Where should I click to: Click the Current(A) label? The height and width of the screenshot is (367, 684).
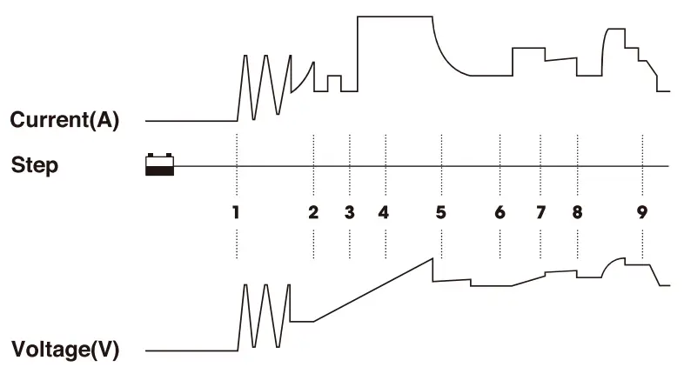pos(64,120)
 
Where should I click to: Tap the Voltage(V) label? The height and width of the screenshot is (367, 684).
pos(64,351)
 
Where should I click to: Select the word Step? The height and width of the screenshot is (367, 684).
pos(35,164)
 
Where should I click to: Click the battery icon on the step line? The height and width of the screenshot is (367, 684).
pos(160,164)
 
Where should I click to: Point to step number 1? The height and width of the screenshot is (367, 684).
pos(236,211)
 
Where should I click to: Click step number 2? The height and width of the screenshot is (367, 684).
pos(313,211)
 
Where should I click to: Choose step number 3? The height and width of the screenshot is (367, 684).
pos(349,211)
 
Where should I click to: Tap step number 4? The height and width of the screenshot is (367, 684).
pos(384,211)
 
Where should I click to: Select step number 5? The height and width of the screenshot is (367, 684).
pos(440,211)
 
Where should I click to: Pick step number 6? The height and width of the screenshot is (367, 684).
pos(500,211)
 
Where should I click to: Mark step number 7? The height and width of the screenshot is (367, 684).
pos(540,211)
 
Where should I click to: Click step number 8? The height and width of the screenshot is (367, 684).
pos(577,211)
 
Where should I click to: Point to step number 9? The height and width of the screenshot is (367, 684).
pos(642,211)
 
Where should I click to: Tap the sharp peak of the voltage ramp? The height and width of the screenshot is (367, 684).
pos(433,258)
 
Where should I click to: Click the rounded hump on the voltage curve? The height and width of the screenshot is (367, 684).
pos(614,260)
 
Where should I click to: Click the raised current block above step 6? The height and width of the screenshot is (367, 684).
pos(527,49)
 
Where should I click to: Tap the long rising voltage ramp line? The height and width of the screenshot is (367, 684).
pos(374,290)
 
